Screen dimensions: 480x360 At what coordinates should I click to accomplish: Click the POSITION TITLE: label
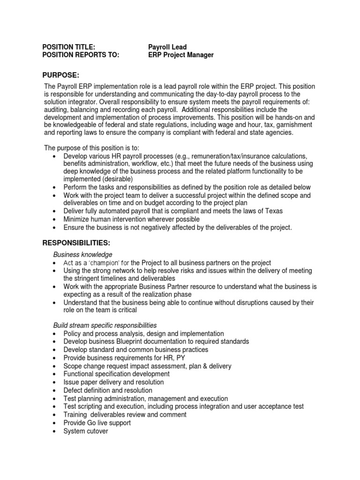[69, 47]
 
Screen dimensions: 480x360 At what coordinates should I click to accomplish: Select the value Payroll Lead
[167, 47]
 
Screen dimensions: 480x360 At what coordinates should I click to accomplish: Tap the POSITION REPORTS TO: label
[81, 55]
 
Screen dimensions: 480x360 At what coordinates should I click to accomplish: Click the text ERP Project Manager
[181, 55]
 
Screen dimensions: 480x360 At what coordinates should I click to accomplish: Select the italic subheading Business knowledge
[82, 255]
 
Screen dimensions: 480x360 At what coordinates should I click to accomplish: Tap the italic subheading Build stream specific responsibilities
[105, 325]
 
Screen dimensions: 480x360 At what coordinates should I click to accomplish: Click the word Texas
[273, 211]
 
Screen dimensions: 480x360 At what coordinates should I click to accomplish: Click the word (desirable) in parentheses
[116, 179]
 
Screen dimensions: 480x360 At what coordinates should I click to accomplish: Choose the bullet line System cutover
[86, 431]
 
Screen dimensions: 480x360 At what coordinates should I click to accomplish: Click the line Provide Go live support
[97, 423]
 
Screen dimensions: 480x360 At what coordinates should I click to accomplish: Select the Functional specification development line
[117, 374]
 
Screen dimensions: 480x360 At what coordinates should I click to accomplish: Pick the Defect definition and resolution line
[108, 390]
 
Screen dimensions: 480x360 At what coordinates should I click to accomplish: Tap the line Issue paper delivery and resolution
[114, 382]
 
